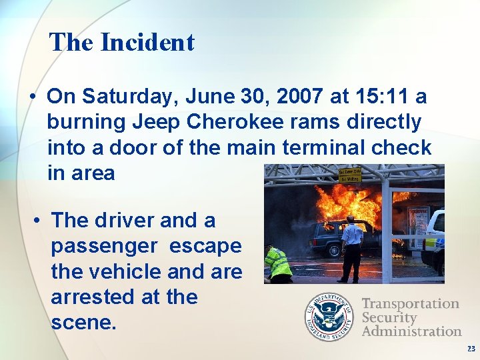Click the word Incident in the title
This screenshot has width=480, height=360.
coord(147,43)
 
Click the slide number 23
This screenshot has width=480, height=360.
coord(471,349)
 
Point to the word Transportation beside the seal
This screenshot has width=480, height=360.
coord(411,304)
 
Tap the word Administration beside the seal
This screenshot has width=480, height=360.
coord(411,331)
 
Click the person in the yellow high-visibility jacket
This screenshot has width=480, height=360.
coord(279,264)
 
